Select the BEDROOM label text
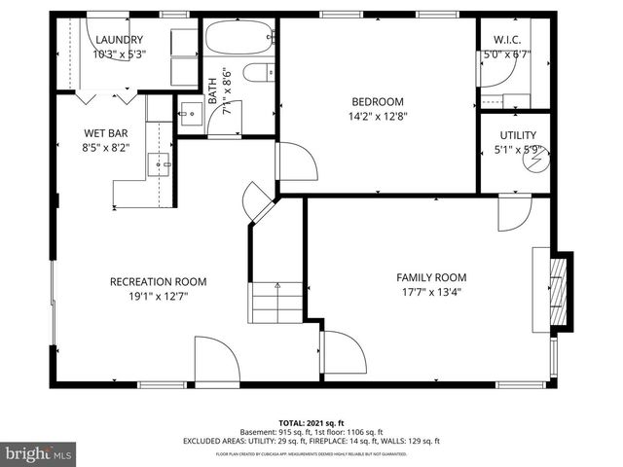(x=378, y=101)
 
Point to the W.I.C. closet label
(x=507, y=40)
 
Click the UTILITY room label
(x=518, y=135)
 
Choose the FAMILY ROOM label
(x=427, y=276)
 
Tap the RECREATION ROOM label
(x=158, y=282)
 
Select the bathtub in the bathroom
(x=239, y=41)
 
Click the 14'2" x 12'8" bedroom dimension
(x=378, y=117)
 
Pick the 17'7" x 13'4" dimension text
(x=427, y=291)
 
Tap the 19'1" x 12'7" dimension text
(x=158, y=297)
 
